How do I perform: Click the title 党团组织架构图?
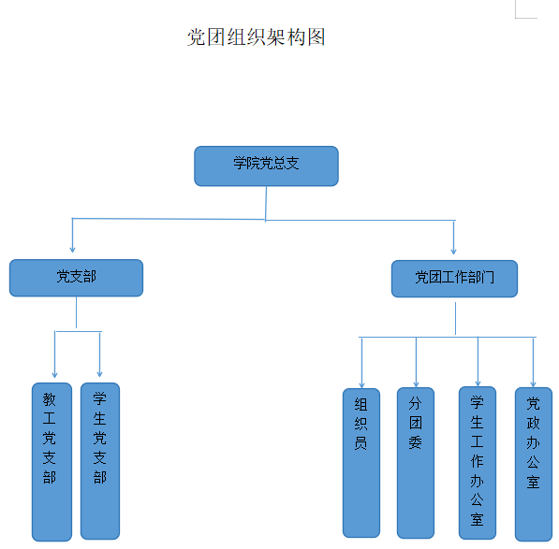pos(256,37)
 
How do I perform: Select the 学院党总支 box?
pos(266,166)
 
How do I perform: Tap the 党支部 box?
pos(76,278)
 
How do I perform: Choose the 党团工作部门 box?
pos(454,279)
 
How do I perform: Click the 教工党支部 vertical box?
pos(51,462)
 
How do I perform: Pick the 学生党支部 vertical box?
pos(100,461)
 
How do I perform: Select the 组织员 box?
pos(361,463)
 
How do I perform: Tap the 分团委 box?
pos(416,463)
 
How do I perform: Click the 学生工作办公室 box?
pos(478,463)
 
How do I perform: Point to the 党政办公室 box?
pos(534,464)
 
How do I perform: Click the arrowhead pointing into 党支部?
pos(72,250)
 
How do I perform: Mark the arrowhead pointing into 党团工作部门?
pos(453,252)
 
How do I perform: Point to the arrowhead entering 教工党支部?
pos(54,374)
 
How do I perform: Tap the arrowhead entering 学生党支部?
pos(100,374)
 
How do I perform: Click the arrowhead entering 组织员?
pos(361,385)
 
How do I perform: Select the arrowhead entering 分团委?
pos(416,383)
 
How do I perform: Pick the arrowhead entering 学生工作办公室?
pos(478,383)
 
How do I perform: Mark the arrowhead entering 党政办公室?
pos(534,383)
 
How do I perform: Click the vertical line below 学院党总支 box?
pos(266,204)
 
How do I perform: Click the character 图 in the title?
pos(316,37)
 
